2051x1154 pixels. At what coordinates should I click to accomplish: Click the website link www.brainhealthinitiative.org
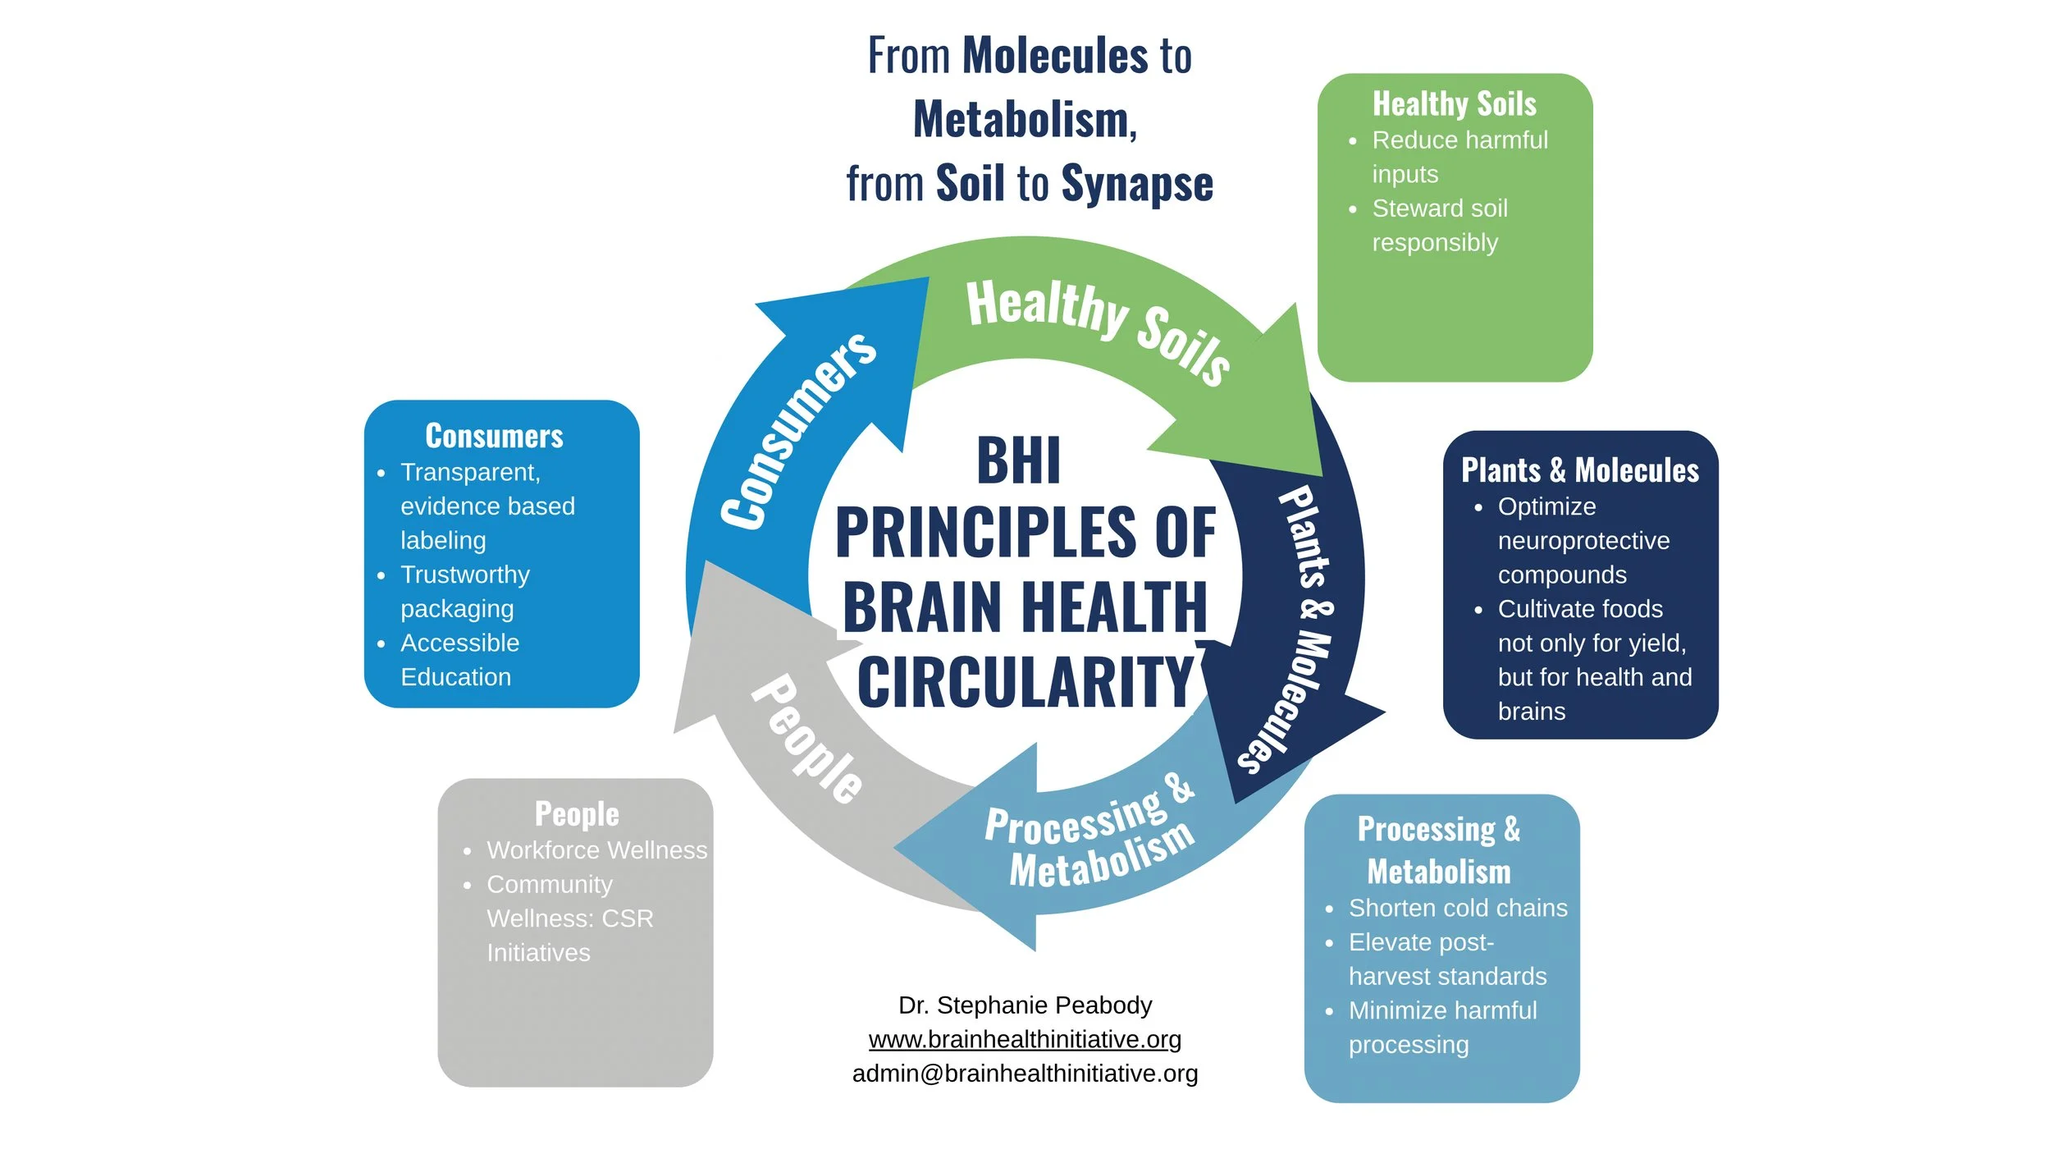(1025, 1039)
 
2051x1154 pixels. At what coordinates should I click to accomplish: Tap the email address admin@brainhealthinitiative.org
(1025, 1074)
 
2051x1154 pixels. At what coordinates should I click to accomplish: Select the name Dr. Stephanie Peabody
(1025, 1005)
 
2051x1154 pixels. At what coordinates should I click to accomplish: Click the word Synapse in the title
(1136, 183)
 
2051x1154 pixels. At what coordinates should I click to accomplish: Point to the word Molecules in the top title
(1055, 56)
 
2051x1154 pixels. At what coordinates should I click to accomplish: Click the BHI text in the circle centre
(1018, 460)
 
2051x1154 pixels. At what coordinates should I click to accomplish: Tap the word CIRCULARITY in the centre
(1025, 681)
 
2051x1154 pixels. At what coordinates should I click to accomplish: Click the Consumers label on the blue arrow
(797, 431)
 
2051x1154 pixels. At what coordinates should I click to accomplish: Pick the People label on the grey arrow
(807, 738)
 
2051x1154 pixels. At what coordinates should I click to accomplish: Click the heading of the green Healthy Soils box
(1454, 104)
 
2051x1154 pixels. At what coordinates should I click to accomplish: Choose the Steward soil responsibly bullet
(1439, 226)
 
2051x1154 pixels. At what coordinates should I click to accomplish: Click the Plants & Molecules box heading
(1579, 470)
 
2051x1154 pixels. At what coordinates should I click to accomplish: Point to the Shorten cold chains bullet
(1457, 908)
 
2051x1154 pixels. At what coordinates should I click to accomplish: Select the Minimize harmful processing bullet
(1441, 1027)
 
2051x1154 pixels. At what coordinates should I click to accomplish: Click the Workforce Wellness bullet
(596, 849)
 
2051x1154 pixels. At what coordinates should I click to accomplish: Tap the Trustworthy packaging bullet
(464, 591)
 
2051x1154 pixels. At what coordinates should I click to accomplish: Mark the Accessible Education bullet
(459, 660)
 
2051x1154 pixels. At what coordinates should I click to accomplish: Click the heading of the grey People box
(577, 813)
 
